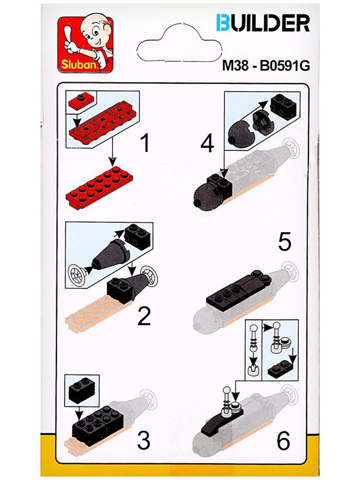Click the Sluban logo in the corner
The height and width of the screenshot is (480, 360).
pyautogui.click(x=85, y=44)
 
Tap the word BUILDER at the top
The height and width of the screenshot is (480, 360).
pyautogui.click(x=263, y=23)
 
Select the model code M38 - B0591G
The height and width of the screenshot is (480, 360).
pyautogui.click(x=266, y=65)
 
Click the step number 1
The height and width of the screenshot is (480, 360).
pyautogui.click(x=145, y=143)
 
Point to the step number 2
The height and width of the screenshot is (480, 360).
pyautogui.click(x=144, y=316)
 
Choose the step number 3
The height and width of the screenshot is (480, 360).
pyautogui.click(x=143, y=441)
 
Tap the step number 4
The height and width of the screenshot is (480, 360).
pyautogui.click(x=207, y=144)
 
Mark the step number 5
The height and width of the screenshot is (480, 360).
pyautogui.click(x=284, y=242)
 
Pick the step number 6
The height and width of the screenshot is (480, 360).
pyautogui.click(x=283, y=441)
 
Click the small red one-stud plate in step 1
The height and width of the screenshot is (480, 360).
pyautogui.click(x=80, y=101)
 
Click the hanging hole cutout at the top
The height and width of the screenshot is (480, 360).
pyautogui.click(x=179, y=42)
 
